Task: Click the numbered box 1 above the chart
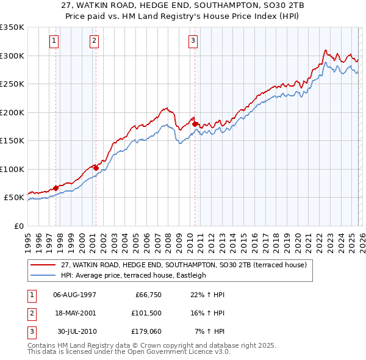click(54, 41)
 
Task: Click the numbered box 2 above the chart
click(95, 41)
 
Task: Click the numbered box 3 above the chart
click(193, 41)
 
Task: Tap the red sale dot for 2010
click(195, 124)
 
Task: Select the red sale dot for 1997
click(56, 188)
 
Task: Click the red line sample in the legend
click(43, 265)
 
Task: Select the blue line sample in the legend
click(43, 275)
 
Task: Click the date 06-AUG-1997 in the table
click(74, 295)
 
